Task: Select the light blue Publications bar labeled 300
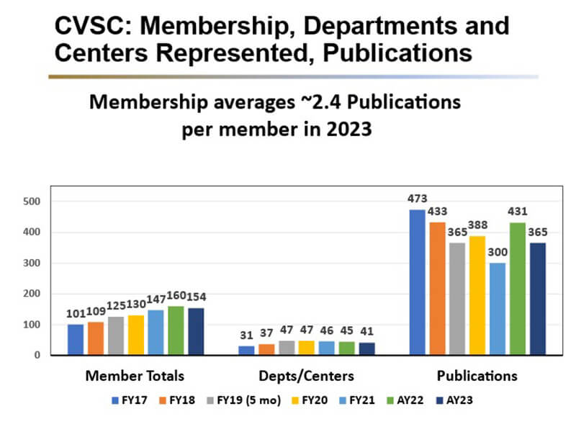[498, 309]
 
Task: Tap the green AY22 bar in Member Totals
[175, 330]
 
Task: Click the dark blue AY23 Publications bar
[537, 299]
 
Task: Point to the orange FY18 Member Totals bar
[96, 338]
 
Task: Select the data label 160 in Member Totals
[176, 297]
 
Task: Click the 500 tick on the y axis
[35, 202]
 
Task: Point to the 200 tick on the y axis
[35, 294]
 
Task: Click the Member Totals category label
[135, 376]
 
